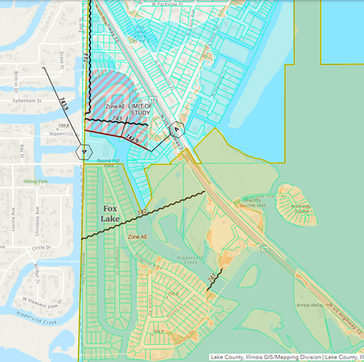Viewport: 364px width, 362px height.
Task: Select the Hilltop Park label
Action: coord(36,181)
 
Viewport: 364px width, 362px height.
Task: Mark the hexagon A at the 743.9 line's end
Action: coord(82,151)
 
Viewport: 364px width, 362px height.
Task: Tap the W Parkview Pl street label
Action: coord(178,3)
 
